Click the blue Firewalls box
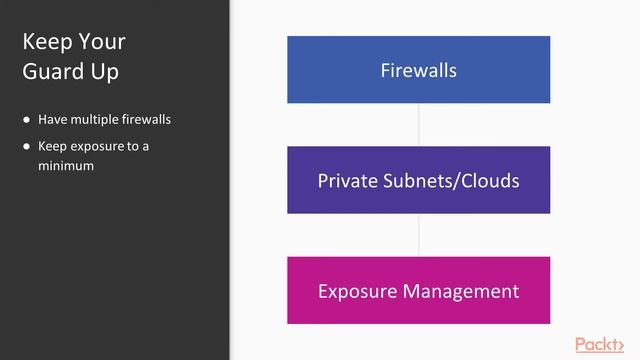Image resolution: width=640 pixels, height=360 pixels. pyautogui.click(x=418, y=70)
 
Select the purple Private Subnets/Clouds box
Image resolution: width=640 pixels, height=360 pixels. pyautogui.click(x=418, y=180)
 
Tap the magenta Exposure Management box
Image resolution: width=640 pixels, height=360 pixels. pyautogui.click(x=418, y=291)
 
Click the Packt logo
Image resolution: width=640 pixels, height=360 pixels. pyautogui.click(x=605, y=344)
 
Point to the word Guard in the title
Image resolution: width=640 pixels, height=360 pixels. pyautogui.click(x=49, y=72)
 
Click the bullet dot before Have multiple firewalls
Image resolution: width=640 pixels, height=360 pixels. pyautogui.click(x=27, y=120)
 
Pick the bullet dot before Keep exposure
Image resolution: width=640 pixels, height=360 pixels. pyautogui.click(x=27, y=146)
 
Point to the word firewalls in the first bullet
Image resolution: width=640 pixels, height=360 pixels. pyautogui.click(x=146, y=120)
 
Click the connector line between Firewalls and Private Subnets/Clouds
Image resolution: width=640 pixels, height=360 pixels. pyautogui.click(x=418, y=125)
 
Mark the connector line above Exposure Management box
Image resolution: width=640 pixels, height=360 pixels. pyautogui.click(x=418, y=235)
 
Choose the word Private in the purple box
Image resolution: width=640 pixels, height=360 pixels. pyautogui.click(x=346, y=181)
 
